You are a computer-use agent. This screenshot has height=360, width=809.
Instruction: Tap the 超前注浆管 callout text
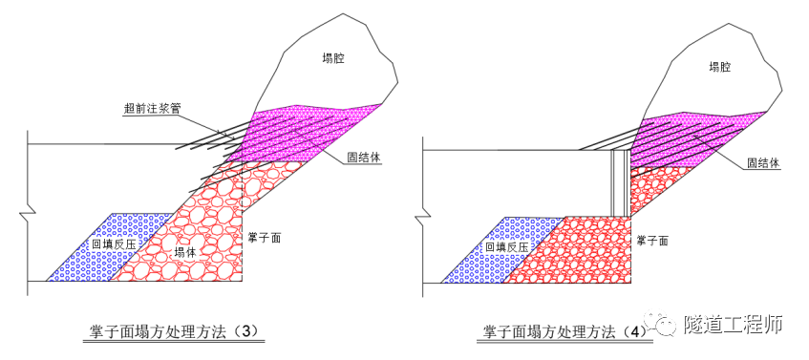coord(152,109)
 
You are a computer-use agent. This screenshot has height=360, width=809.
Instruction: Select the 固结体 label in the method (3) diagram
coord(365,158)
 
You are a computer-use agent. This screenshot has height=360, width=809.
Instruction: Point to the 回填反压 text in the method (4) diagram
coord(505,246)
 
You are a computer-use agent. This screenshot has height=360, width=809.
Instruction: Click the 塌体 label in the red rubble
coord(187,252)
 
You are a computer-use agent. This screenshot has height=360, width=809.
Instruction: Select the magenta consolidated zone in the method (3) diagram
coord(296,134)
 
